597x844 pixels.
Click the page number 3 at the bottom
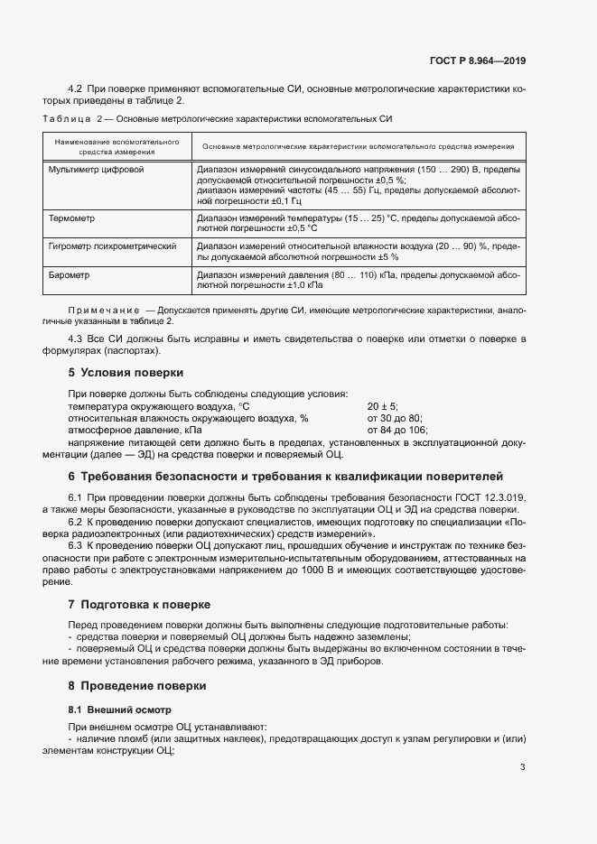pyautogui.click(x=523, y=767)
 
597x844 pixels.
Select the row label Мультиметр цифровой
pyautogui.click(x=96, y=170)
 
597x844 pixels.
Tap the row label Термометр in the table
pyautogui.click(x=72, y=218)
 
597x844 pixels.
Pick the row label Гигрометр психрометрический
pyautogui.click(x=111, y=246)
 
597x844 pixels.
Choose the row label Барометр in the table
pyautogui.click(x=70, y=273)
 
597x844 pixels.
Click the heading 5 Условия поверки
pyautogui.click(x=126, y=372)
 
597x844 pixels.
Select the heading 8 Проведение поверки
pyautogui.click(x=137, y=686)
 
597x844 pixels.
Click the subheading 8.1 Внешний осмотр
pyautogui.click(x=119, y=710)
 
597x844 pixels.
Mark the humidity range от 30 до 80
pyautogui.click(x=395, y=418)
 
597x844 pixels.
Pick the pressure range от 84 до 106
pyautogui.click(x=397, y=430)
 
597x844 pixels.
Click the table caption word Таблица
pyautogui.click(x=67, y=119)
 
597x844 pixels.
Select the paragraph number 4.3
pyautogui.click(x=76, y=338)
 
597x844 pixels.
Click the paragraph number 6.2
pyautogui.click(x=76, y=522)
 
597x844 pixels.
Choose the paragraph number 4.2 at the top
pyautogui.click(x=76, y=88)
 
